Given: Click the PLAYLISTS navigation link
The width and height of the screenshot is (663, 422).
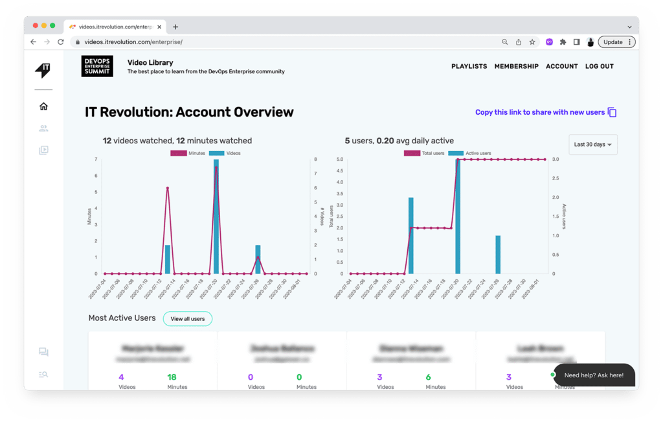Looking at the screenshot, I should pos(469,66).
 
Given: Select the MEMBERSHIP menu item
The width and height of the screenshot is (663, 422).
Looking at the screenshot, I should pos(516,66).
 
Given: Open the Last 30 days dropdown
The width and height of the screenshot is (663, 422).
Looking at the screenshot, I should pos(592,145).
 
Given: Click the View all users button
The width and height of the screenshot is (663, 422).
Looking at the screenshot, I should pos(187,319).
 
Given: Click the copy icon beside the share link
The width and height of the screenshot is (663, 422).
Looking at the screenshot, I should pos(612,112).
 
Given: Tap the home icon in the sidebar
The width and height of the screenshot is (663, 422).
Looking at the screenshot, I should pos(43,106).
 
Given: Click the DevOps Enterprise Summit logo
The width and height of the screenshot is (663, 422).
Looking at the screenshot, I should pos(97,66).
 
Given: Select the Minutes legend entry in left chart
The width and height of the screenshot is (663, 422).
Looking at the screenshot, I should pos(188,153).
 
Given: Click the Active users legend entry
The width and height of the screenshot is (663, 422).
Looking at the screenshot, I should pos(470,153).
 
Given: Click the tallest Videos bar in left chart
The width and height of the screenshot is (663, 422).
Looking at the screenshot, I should pos(216,217).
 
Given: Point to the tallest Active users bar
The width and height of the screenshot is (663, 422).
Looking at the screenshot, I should pos(458,217).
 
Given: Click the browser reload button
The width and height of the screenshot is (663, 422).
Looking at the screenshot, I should pos(61,42).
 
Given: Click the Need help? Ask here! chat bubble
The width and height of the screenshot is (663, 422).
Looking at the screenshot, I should pos(594,375).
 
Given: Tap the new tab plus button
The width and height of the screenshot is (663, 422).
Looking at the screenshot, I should pos(175,27).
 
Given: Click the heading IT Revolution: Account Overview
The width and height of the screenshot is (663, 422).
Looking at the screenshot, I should pos(189,112).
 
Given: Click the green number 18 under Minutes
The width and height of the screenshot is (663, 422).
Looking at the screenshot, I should pos(172,377).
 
